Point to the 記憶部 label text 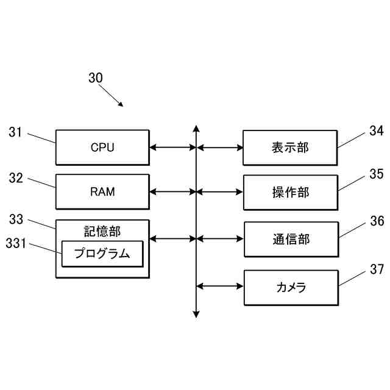pos(102,232)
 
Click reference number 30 pos(96,78)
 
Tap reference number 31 pos(15,132)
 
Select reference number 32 pos(16,178)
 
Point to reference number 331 pos(16,243)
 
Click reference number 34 pos(377,131)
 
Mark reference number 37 pos(377,269)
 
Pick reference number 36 pos(377,221)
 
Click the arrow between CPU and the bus pos(173,147)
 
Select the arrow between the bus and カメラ pos(220,286)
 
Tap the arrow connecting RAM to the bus pos(173,192)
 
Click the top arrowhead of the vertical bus pos(196,129)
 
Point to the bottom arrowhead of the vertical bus pos(196,314)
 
